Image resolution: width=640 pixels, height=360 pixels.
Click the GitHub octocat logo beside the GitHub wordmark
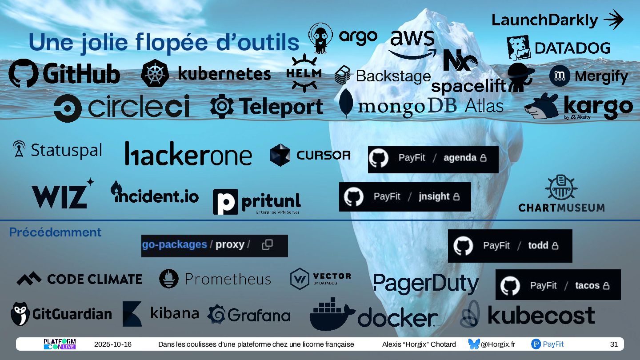point(23,73)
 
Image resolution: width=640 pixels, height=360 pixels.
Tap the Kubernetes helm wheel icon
point(155,73)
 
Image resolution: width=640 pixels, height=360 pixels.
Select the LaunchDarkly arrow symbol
point(613,20)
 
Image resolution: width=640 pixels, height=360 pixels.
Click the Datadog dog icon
point(518,48)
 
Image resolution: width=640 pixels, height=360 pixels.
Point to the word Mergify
point(601,76)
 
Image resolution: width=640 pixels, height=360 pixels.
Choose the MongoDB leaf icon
point(346,103)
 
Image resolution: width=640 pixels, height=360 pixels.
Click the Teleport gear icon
point(222,106)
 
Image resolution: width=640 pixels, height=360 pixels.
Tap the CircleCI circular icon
point(68,108)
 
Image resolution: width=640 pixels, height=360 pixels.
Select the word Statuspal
point(66,150)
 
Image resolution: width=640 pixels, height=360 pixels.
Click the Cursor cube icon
point(280,155)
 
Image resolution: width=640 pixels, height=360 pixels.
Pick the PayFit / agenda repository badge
point(433,159)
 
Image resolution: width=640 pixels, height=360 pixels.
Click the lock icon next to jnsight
point(456,196)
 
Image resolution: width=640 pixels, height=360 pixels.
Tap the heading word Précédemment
point(55,232)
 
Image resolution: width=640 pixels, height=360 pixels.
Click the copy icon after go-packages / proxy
point(267,244)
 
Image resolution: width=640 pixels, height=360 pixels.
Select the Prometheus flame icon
point(169,279)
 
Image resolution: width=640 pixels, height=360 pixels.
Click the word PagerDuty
point(426,283)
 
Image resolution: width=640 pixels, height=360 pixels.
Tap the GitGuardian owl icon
point(20,314)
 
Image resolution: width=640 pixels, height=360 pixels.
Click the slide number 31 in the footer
point(614,344)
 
